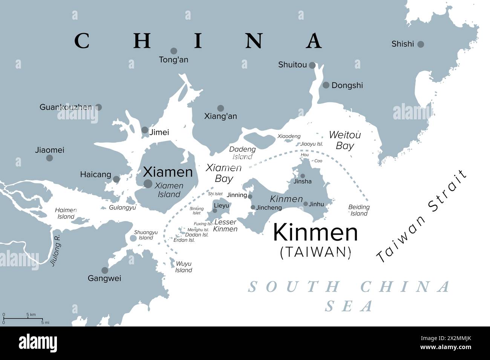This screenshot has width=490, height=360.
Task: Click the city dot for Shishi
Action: coord(421,44)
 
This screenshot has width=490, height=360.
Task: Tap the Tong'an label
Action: coord(173,60)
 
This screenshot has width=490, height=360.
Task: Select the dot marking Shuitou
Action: coord(312,65)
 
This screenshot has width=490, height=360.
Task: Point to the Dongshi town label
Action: coord(347,85)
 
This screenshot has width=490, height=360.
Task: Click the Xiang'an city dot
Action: coord(220,108)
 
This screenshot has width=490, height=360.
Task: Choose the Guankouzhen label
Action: coord(66,107)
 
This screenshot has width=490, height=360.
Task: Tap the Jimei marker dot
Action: coord(145,130)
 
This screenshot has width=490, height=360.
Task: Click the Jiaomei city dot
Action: coord(49,158)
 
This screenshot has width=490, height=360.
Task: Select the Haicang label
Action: coord(96,175)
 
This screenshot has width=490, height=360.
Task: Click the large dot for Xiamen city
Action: coord(148,184)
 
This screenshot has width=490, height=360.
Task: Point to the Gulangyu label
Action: coord(122,207)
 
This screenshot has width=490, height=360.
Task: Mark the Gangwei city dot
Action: coord(105,270)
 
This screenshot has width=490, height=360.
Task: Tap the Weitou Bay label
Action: coord(345,140)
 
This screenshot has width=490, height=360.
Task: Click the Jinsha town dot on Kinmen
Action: coord(302,176)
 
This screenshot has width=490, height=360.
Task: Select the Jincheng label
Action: coord(269,208)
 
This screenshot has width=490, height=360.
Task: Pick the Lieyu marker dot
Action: coord(215,211)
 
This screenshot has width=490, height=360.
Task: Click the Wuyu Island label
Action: coord(184,267)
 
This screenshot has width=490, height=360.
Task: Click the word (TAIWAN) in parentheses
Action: coord(316,252)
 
